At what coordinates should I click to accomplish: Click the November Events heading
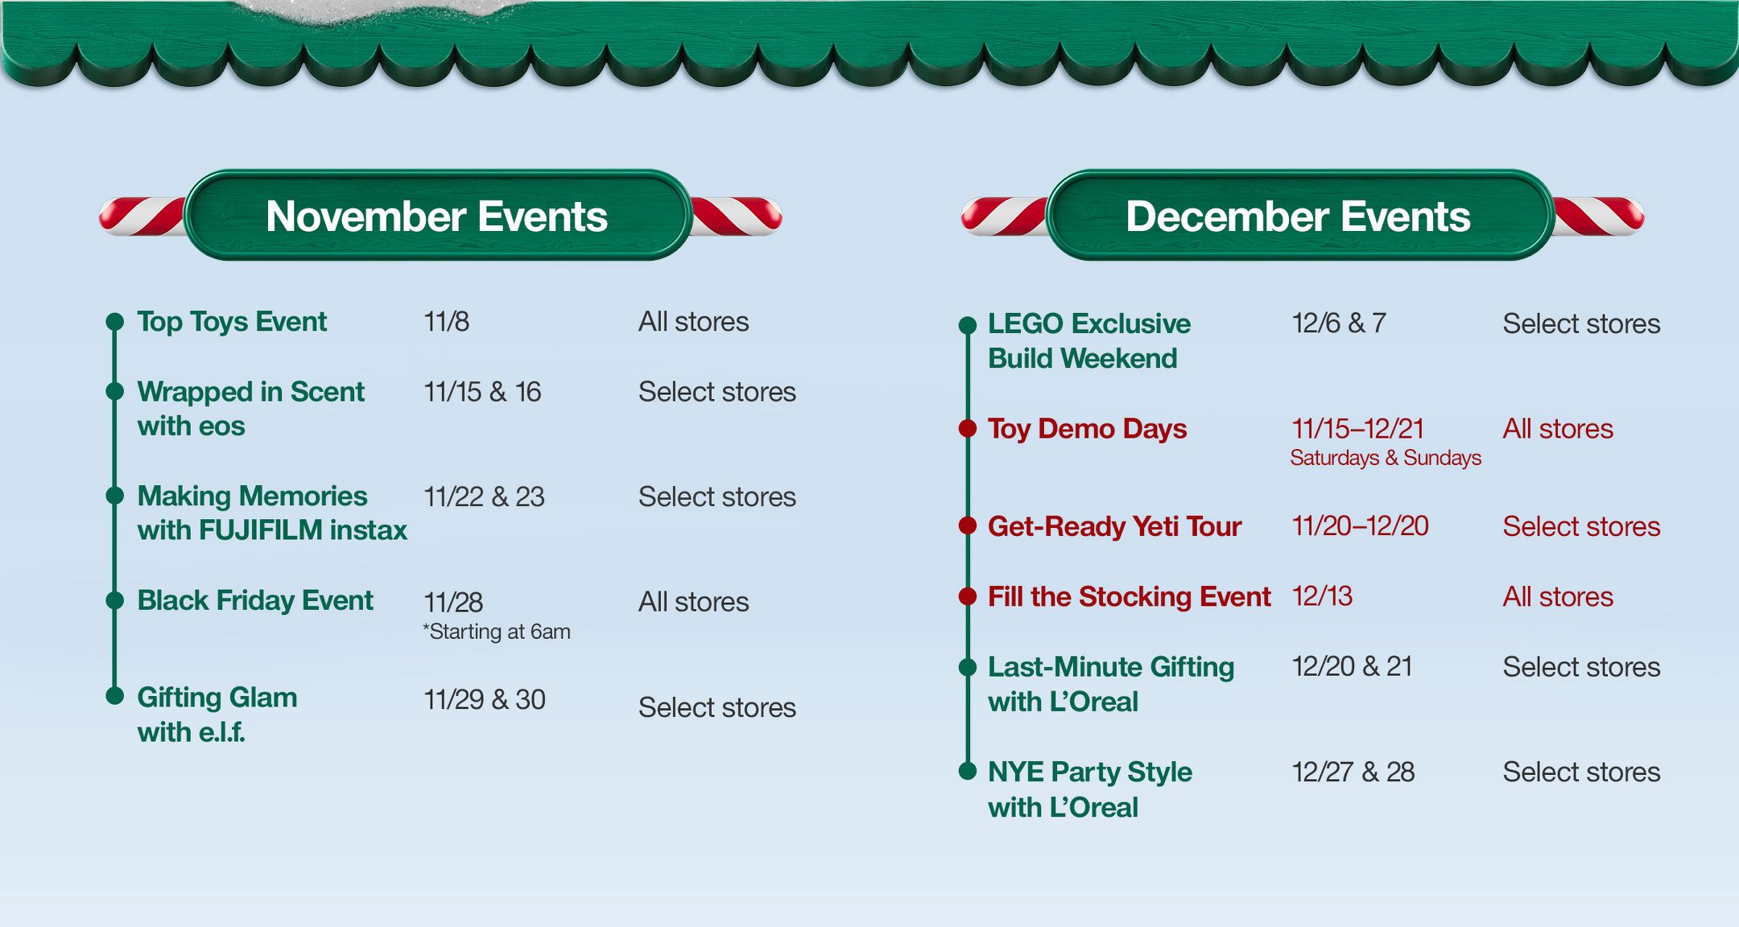(x=436, y=216)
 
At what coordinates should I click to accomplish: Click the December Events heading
(x=1298, y=216)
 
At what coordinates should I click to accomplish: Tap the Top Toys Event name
(x=232, y=322)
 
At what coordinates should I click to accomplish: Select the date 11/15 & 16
(x=482, y=392)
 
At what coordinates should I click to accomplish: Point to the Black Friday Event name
(x=255, y=601)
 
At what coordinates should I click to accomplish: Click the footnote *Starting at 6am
(x=497, y=632)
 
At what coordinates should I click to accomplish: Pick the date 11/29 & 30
(x=485, y=699)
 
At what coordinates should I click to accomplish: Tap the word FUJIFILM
(x=260, y=530)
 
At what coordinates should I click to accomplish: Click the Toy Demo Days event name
(x=1087, y=429)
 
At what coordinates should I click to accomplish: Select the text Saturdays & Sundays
(x=1386, y=458)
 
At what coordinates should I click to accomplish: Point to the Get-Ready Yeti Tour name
(x=1114, y=526)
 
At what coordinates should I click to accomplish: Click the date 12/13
(x=1322, y=596)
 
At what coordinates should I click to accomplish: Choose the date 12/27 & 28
(x=1353, y=772)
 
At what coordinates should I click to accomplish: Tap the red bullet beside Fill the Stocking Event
(x=968, y=596)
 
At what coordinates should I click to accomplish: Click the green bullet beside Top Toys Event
(x=115, y=322)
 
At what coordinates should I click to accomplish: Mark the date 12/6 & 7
(x=1339, y=323)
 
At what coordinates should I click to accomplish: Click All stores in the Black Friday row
(x=693, y=602)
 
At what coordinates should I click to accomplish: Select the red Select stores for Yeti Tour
(x=1581, y=526)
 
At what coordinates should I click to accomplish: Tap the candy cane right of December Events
(x=1599, y=216)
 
